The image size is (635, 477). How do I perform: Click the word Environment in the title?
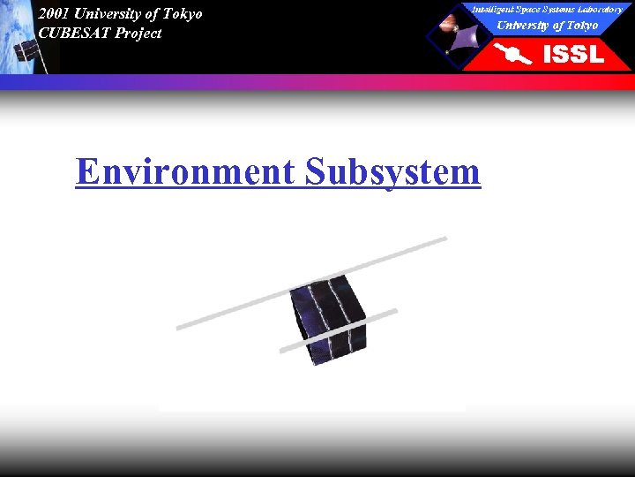186,170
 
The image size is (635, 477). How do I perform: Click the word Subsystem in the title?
392,170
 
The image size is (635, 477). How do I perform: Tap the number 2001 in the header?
54,13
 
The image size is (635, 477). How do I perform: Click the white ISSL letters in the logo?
573,55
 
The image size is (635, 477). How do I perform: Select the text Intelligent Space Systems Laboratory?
547,9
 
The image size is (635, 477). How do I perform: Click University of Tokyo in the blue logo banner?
547,25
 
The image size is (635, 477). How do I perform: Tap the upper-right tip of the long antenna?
444,238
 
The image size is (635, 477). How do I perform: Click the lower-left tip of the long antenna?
179,328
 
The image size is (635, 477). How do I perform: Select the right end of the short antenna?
395,311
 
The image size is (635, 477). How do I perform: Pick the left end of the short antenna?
282,351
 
